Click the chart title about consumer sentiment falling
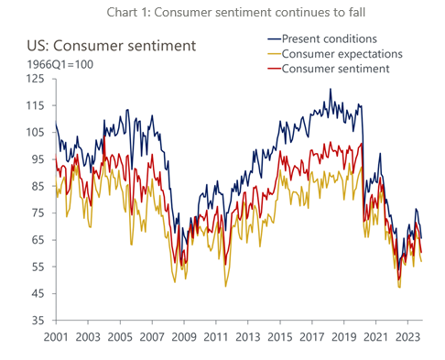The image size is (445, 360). [222, 11]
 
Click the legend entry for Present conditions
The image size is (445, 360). [330, 38]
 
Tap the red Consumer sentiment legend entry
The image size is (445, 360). [335, 69]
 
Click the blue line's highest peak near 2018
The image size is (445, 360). [331, 90]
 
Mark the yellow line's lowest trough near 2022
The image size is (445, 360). [399, 288]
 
